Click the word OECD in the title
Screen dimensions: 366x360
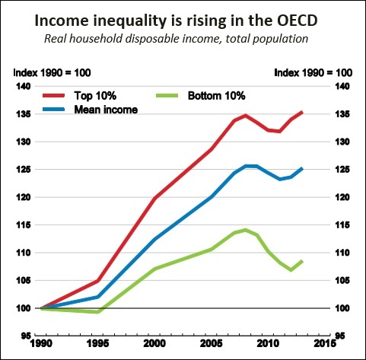point(297,21)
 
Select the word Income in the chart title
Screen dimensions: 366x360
point(62,21)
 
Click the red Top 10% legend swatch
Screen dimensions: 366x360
point(54,95)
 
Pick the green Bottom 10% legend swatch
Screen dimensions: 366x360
point(167,95)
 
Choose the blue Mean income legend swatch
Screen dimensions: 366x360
point(54,110)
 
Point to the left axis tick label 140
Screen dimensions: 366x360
point(24,87)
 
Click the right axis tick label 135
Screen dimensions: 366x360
point(342,114)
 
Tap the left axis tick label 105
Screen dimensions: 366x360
point(24,281)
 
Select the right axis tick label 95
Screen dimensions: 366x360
point(340,336)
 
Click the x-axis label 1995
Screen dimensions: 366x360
point(98,343)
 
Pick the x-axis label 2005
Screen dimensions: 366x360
point(212,343)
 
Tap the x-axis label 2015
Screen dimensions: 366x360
point(325,343)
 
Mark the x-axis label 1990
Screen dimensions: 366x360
point(41,343)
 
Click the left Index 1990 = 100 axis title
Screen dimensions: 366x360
point(52,73)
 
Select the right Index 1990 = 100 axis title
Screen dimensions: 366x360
point(313,73)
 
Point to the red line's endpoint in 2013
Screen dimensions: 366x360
point(302,112)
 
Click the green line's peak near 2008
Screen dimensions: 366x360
point(245,230)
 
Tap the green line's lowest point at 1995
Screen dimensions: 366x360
point(98,312)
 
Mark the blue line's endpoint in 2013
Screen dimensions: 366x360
point(302,168)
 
